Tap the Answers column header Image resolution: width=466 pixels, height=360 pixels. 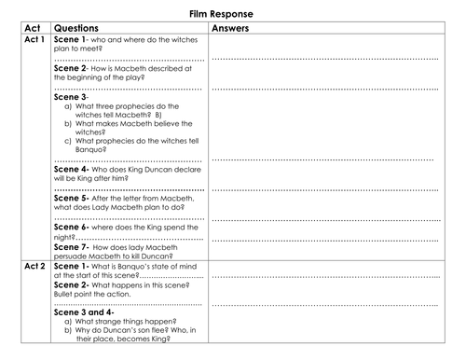tap(240, 31)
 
